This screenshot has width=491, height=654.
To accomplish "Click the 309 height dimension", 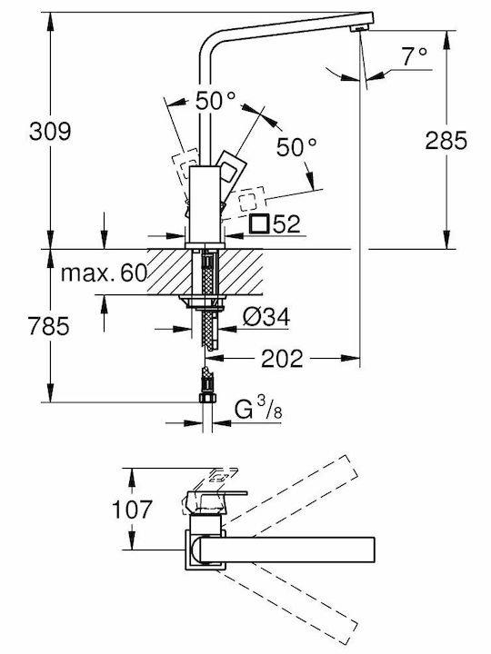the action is pyautogui.click(x=50, y=131).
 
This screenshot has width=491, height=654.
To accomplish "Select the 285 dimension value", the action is pyautogui.click(x=446, y=140).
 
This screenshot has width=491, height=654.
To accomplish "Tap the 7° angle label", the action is pyautogui.click(x=415, y=56).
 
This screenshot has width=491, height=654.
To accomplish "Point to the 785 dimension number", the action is pyautogui.click(x=48, y=326).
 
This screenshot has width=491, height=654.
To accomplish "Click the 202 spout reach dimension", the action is pyautogui.click(x=282, y=358).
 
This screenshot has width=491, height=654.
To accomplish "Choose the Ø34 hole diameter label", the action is pyautogui.click(x=266, y=318).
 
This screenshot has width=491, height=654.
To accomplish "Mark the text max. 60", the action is pyautogui.click(x=104, y=273).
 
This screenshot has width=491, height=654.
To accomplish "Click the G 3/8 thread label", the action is pyautogui.click(x=258, y=409).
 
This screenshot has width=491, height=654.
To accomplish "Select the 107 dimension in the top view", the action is pyautogui.click(x=132, y=510).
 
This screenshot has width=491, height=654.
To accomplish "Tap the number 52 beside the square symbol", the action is pyautogui.click(x=286, y=224).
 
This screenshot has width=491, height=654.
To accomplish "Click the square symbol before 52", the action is pyautogui.click(x=259, y=223).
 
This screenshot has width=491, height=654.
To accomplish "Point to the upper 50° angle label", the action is pyautogui.click(x=215, y=102).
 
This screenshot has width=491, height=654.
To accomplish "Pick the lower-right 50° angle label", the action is pyautogui.click(x=296, y=147).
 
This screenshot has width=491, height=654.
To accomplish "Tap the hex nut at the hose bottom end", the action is pyautogui.click(x=207, y=397).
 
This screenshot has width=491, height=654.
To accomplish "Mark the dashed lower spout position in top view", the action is pyautogui.click(x=288, y=601).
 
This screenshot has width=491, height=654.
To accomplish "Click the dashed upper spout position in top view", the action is pyautogui.click(x=288, y=493).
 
